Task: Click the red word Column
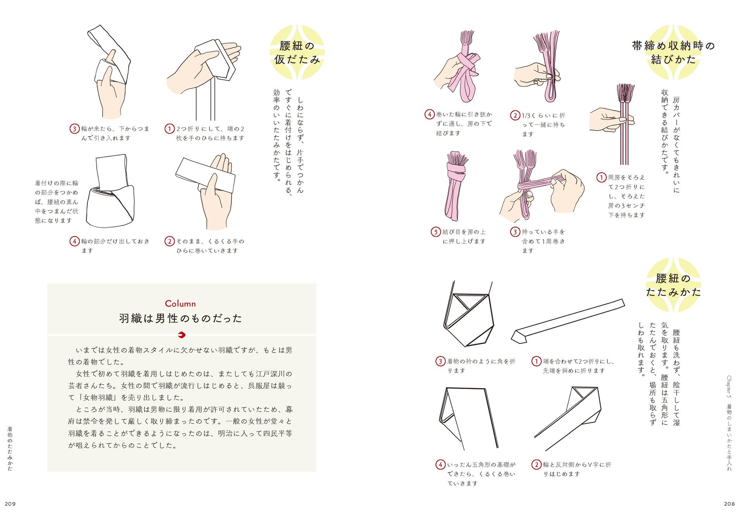click(180, 304)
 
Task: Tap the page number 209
click(10, 504)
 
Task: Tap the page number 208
click(729, 504)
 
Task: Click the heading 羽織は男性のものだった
click(180, 318)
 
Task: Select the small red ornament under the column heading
click(181, 335)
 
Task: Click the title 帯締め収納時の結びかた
click(673, 52)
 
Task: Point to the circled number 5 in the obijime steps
click(436, 232)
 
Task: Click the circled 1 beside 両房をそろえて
click(601, 177)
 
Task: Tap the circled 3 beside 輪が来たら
click(74, 129)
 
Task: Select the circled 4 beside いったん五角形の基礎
click(440, 465)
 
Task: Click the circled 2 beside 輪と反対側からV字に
click(536, 465)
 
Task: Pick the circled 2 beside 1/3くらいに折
click(515, 115)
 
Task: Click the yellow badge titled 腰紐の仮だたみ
click(297, 52)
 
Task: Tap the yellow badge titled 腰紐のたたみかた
click(673, 285)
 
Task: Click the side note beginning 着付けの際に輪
click(57, 202)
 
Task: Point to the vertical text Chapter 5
click(729, 387)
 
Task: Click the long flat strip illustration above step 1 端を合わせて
click(567, 321)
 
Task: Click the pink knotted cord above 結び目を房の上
click(457, 186)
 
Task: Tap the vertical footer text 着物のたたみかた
click(10, 449)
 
